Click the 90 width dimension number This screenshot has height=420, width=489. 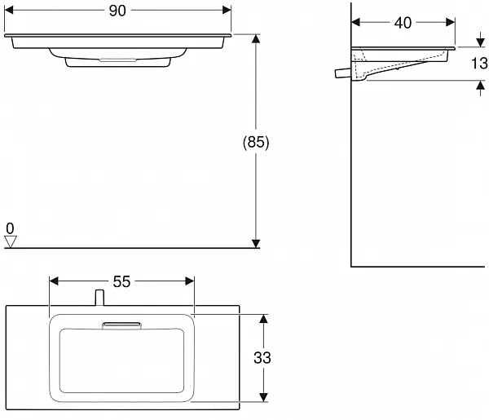coord(117,11)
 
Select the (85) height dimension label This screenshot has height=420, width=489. coord(256,142)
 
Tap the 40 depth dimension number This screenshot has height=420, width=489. coord(403,23)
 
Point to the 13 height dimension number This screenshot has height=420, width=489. coord(479,64)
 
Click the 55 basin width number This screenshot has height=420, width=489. coord(121,282)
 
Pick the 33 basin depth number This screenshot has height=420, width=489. coord(262,357)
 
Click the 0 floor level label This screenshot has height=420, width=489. coord(10,228)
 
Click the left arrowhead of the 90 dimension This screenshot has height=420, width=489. coord(9,11)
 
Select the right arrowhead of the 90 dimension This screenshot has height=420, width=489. coord(227,11)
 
